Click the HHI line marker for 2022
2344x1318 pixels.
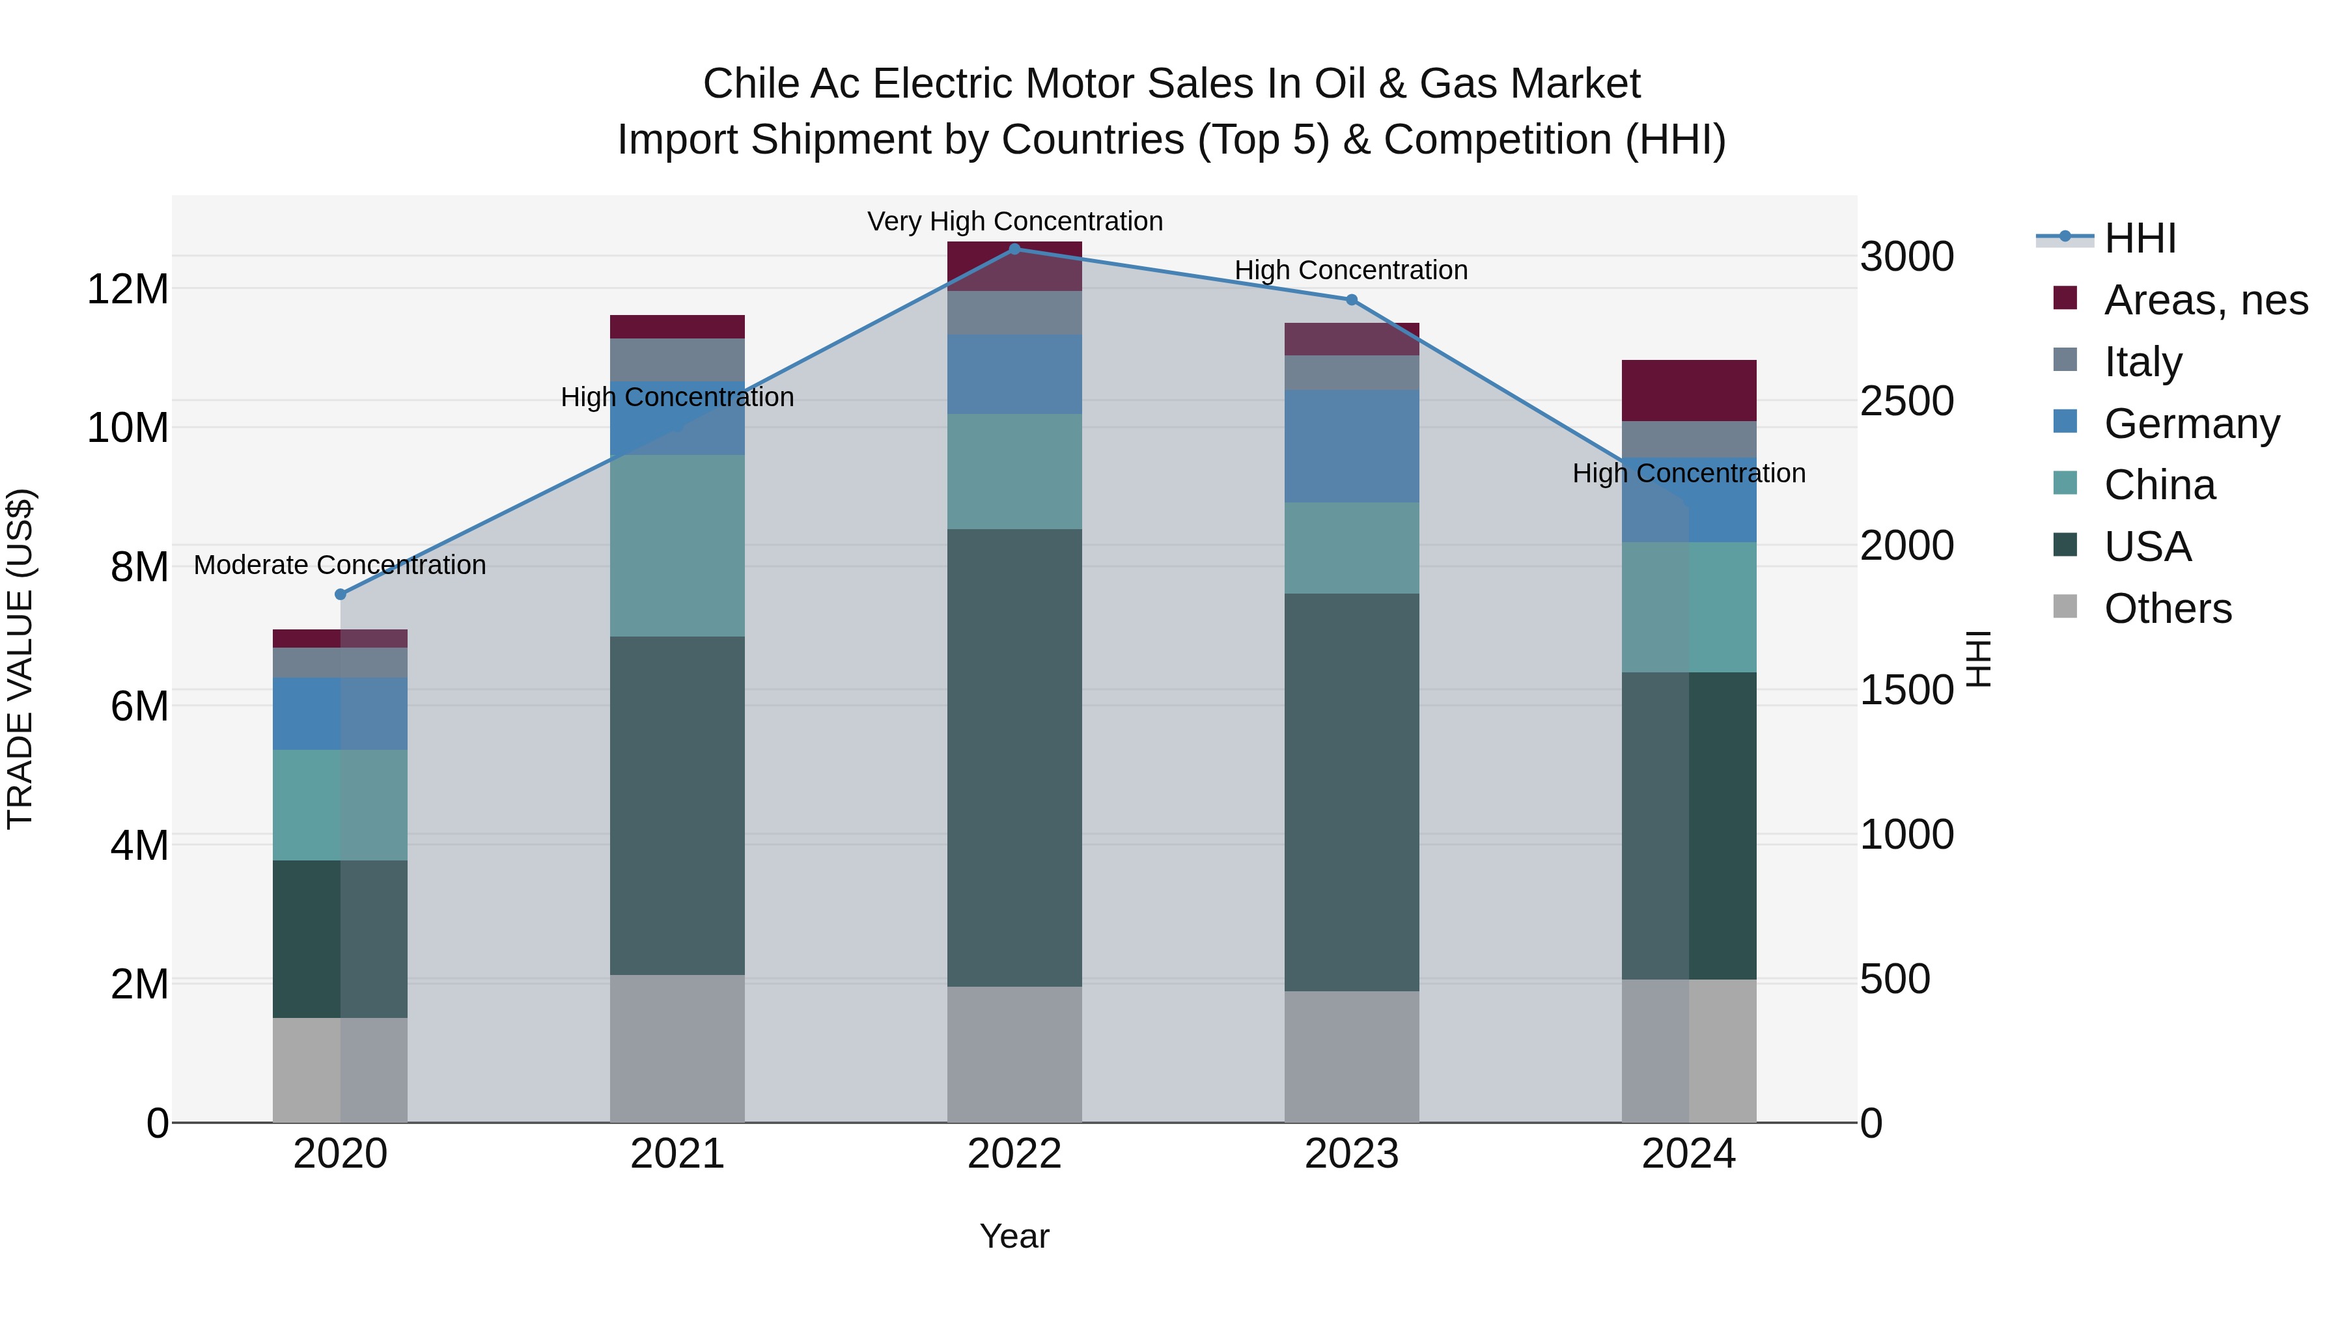[1014, 249]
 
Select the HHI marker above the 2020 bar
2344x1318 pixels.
[341, 594]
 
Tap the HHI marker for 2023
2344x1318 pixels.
[1351, 300]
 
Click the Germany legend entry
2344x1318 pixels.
[2191, 424]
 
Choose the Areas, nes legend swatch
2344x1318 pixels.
[2065, 298]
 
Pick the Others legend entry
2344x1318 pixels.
[2168, 609]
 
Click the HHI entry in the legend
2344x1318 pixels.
[2140, 238]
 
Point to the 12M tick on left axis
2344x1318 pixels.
[128, 289]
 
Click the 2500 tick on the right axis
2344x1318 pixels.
[1906, 401]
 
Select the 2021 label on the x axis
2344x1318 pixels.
[677, 1154]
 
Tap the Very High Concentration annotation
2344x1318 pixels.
[1014, 221]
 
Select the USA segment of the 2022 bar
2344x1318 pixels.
[1014, 757]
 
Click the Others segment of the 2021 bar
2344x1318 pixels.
[677, 1048]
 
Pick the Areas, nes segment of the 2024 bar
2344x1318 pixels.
[1689, 391]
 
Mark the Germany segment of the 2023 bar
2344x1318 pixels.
[1351, 446]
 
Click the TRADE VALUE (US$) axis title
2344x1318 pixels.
[21, 659]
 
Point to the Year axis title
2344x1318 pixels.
[1014, 1236]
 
